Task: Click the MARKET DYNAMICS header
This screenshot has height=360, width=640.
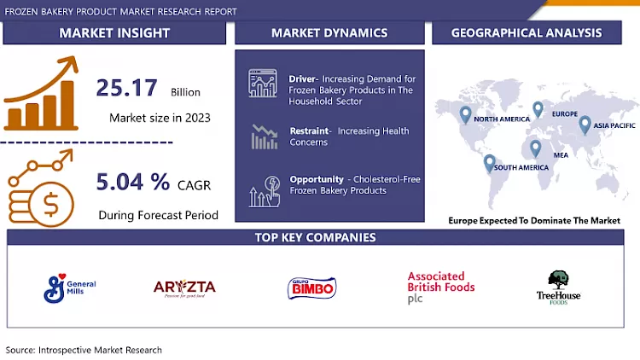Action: tap(329, 33)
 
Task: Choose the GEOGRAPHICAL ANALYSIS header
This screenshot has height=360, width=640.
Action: tap(527, 33)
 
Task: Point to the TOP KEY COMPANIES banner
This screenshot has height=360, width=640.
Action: tap(317, 237)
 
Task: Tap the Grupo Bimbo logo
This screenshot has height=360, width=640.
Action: tap(312, 288)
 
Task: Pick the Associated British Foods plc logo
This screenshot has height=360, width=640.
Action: tap(440, 287)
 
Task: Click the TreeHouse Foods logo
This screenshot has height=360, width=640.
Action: tap(559, 288)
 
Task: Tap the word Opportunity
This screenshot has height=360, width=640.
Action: tap(317, 179)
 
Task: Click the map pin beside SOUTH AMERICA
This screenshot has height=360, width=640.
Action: tap(489, 162)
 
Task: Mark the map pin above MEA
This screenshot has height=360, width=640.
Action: tap(535, 147)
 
